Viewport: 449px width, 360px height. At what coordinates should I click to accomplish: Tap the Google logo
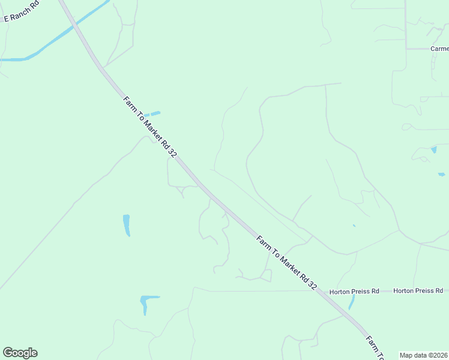[20, 353]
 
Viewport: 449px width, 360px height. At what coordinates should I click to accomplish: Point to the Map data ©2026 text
[423, 355]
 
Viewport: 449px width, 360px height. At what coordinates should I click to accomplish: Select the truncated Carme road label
[439, 49]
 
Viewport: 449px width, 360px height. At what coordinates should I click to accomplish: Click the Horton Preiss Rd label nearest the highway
[354, 291]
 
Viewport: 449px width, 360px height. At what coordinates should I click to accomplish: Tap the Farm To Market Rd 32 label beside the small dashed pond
[150, 127]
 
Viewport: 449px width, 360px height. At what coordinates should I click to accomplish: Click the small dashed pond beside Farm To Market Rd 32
[152, 113]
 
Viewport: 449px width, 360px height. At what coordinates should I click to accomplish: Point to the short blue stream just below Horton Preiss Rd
[352, 302]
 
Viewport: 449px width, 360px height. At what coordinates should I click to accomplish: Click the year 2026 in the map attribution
[439, 355]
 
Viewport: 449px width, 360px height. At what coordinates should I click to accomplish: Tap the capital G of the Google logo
[8, 352]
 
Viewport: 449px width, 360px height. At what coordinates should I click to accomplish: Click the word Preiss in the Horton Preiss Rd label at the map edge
[420, 291]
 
